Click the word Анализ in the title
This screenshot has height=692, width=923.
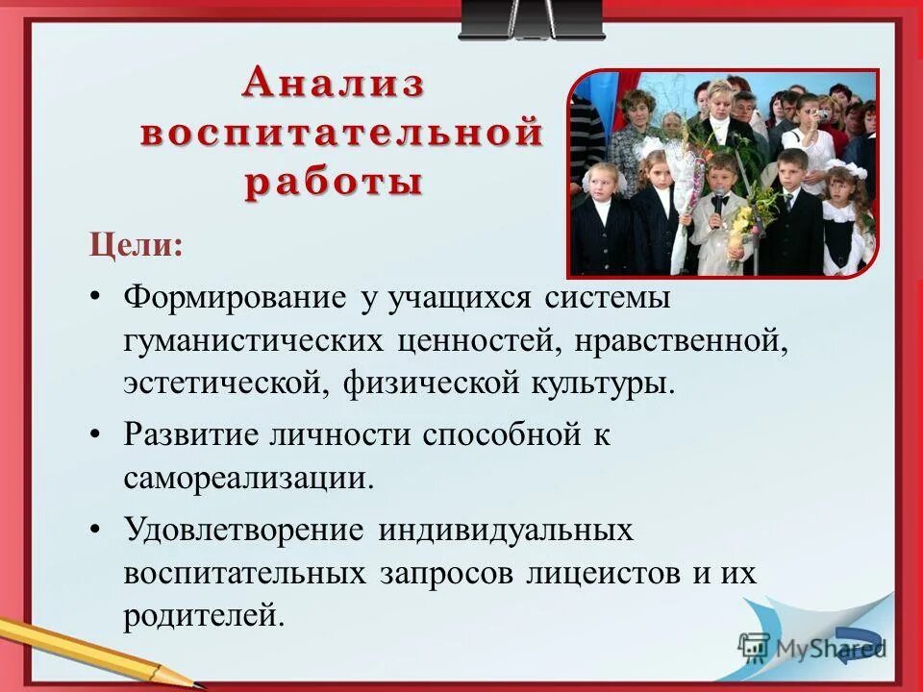[333, 84]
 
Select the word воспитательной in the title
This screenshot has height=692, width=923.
[341, 134]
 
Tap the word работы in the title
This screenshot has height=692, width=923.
[333, 183]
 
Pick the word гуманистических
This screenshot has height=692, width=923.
[254, 340]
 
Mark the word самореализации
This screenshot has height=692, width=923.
[247, 477]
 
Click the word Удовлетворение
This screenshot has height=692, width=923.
[243, 530]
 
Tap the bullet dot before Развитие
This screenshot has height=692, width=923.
[95, 434]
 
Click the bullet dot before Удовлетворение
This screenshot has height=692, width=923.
[95, 530]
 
